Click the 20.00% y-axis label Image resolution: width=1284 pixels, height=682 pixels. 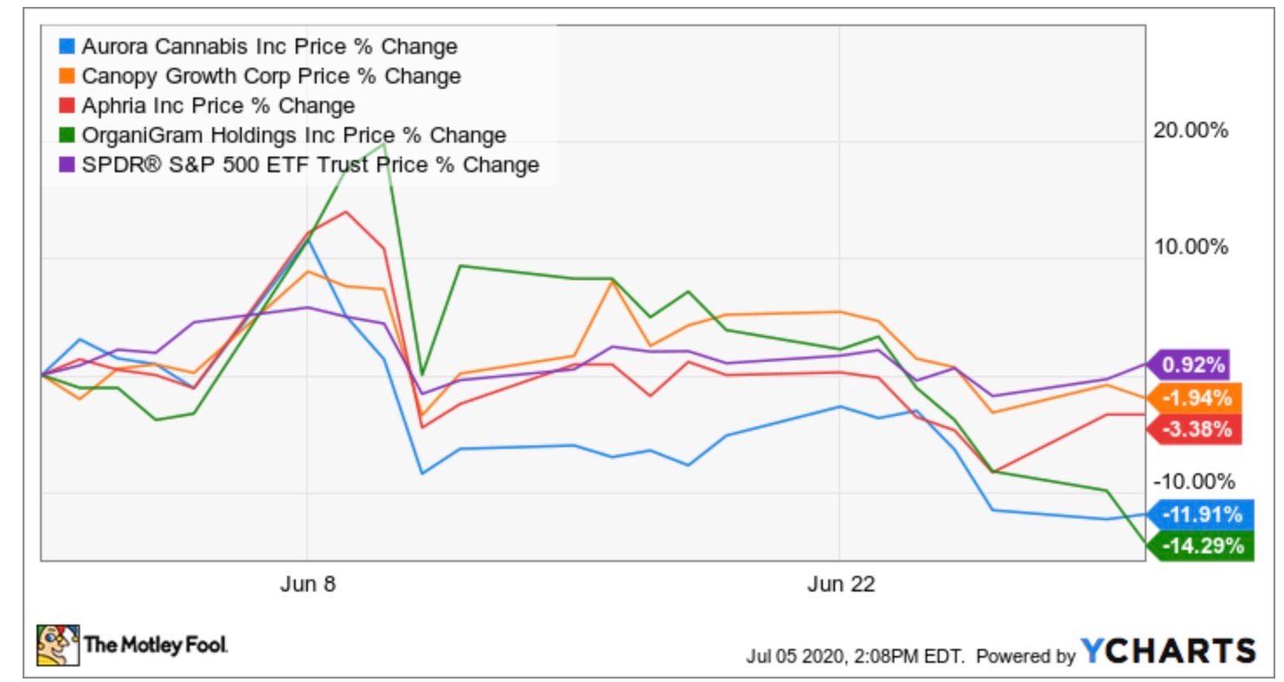coord(1189,130)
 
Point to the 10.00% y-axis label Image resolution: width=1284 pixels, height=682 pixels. coord(1189,248)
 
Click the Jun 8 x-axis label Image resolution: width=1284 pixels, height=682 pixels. coord(307,585)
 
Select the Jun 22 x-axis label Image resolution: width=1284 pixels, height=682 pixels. coord(839,585)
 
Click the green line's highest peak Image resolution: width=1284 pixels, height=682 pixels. coord(384,143)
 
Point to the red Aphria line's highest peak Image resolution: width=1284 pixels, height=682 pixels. coord(346,211)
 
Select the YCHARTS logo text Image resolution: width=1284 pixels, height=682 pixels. coord(1168,651)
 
